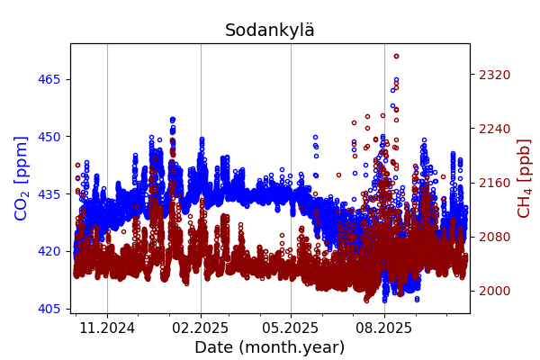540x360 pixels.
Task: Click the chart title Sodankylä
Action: [x=270, y=31]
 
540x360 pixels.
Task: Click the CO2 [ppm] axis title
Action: [x=22, y=178]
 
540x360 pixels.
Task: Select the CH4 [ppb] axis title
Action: [x=524, y=178]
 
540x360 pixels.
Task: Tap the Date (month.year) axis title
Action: [x=270, y=347]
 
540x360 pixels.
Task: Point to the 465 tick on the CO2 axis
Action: [x=49, y=79]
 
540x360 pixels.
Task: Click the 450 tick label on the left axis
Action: [x=49, y=137]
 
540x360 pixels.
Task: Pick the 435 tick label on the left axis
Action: [x=49, y=193]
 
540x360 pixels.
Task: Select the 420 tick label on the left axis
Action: [x=49, y=251]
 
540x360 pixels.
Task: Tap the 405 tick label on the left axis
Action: [x=49, y=309]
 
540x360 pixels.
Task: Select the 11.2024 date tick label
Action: [x=107, y=328]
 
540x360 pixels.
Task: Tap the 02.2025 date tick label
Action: [x=201, y=328]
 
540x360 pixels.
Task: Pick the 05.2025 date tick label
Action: [x=291, y=328]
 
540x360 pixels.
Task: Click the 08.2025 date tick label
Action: [x=384, y=328]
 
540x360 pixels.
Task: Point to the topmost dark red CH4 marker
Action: [x=396, y=57]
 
